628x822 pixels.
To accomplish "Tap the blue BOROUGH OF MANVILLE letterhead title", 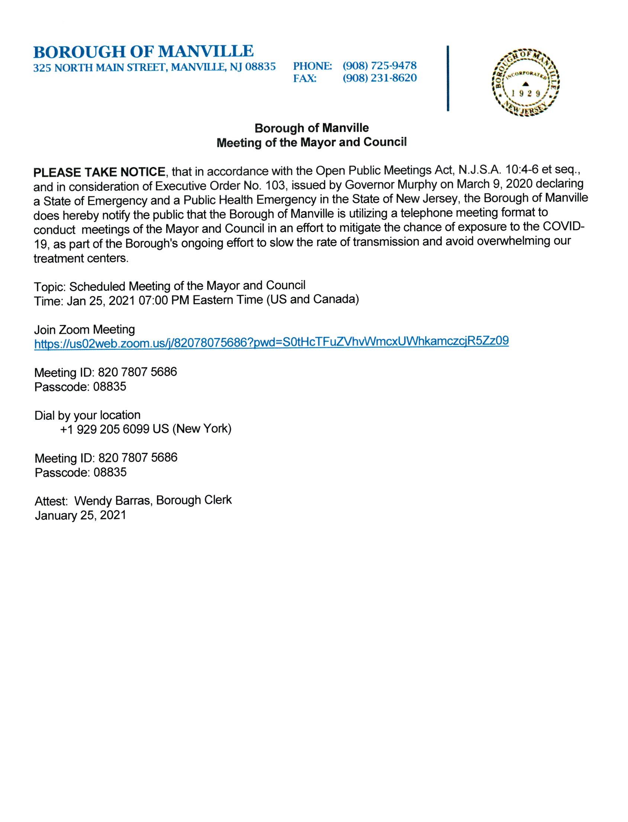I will coord(144,51).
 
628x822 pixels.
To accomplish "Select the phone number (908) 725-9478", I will coord(379,66).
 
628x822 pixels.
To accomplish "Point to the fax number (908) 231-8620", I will coord(379,78).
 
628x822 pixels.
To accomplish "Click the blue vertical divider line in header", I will coord(447,78).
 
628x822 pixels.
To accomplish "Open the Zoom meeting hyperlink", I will coord(271,342).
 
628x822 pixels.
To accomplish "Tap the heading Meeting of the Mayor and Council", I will coord(311,142).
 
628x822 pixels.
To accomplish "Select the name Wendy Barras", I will coord(113,500).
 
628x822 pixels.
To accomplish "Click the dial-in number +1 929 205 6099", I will coord(105,429).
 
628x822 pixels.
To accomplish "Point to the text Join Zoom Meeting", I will coord(84,329).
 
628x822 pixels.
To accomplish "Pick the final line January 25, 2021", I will coord(80,516).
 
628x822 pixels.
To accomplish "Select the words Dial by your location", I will coord(87,415).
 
